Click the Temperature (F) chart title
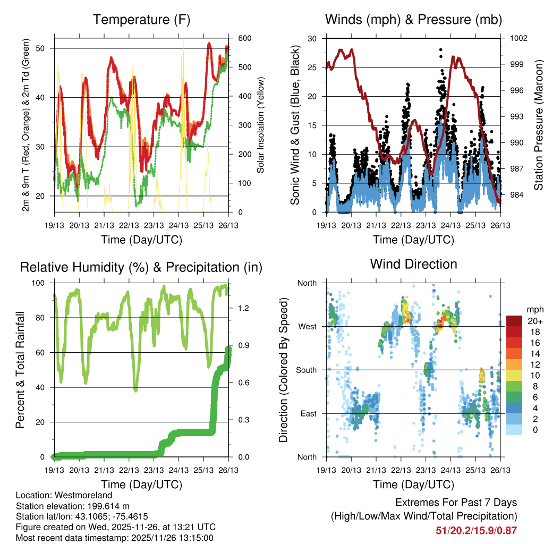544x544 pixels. pos(141,20)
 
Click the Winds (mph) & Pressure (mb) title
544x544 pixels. pos(413,20)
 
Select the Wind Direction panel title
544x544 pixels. pos(413,264)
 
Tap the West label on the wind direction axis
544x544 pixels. pos(307,326)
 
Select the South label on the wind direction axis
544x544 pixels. pos(306,370)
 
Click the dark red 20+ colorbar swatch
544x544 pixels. pos(514,320)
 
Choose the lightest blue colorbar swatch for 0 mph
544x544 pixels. pos(514,429)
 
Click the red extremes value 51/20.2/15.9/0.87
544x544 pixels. pos(476,530)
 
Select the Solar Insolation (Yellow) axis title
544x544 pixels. pos(260,125)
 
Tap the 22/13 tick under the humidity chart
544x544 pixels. pos(129,470)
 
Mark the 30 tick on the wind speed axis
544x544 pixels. pos(312,39)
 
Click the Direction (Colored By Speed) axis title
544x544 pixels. pos(284,370)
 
